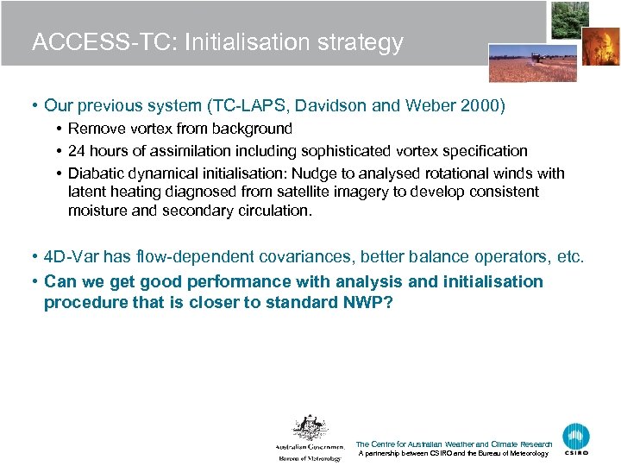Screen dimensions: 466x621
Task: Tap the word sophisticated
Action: tap(380, 150)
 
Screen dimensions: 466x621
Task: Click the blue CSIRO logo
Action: tap(576, 438)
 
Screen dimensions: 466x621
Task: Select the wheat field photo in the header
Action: tap(519, 63)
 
